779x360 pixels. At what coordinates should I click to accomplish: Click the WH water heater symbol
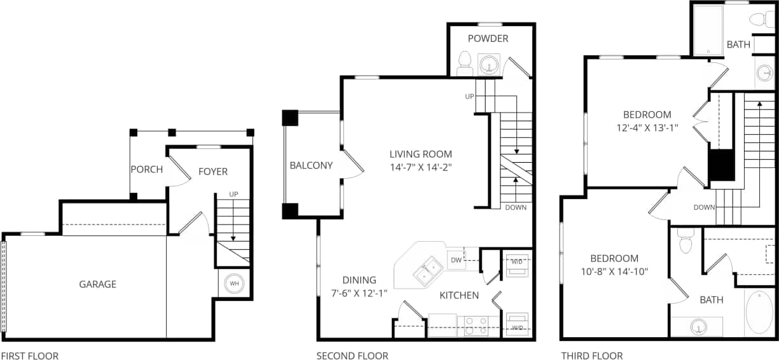233,283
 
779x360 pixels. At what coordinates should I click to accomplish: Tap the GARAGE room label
97,284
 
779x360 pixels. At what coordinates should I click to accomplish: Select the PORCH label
146,170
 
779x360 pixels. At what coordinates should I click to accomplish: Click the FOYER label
212,171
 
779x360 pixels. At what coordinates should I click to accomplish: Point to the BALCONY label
311,165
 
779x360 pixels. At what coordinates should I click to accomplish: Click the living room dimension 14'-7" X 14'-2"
420,168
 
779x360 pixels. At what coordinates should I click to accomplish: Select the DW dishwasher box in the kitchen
456,260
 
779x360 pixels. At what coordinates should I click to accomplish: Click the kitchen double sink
428,271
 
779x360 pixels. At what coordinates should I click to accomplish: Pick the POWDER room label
488,38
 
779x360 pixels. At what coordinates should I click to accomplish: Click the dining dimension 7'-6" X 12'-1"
359,293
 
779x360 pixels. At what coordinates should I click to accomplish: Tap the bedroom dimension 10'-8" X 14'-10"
614,272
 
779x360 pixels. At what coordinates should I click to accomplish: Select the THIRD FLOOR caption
591,356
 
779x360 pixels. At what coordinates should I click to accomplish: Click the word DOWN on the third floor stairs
705,207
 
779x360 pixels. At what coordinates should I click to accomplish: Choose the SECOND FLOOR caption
352,356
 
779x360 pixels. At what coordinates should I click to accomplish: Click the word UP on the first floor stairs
233,193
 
